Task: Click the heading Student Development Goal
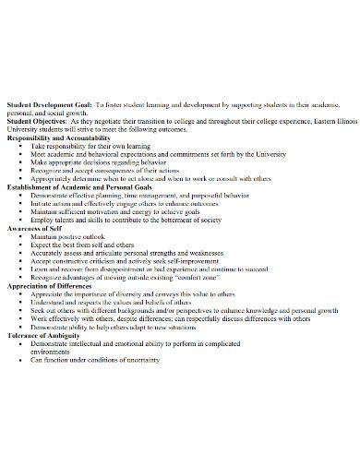click(46, 105)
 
